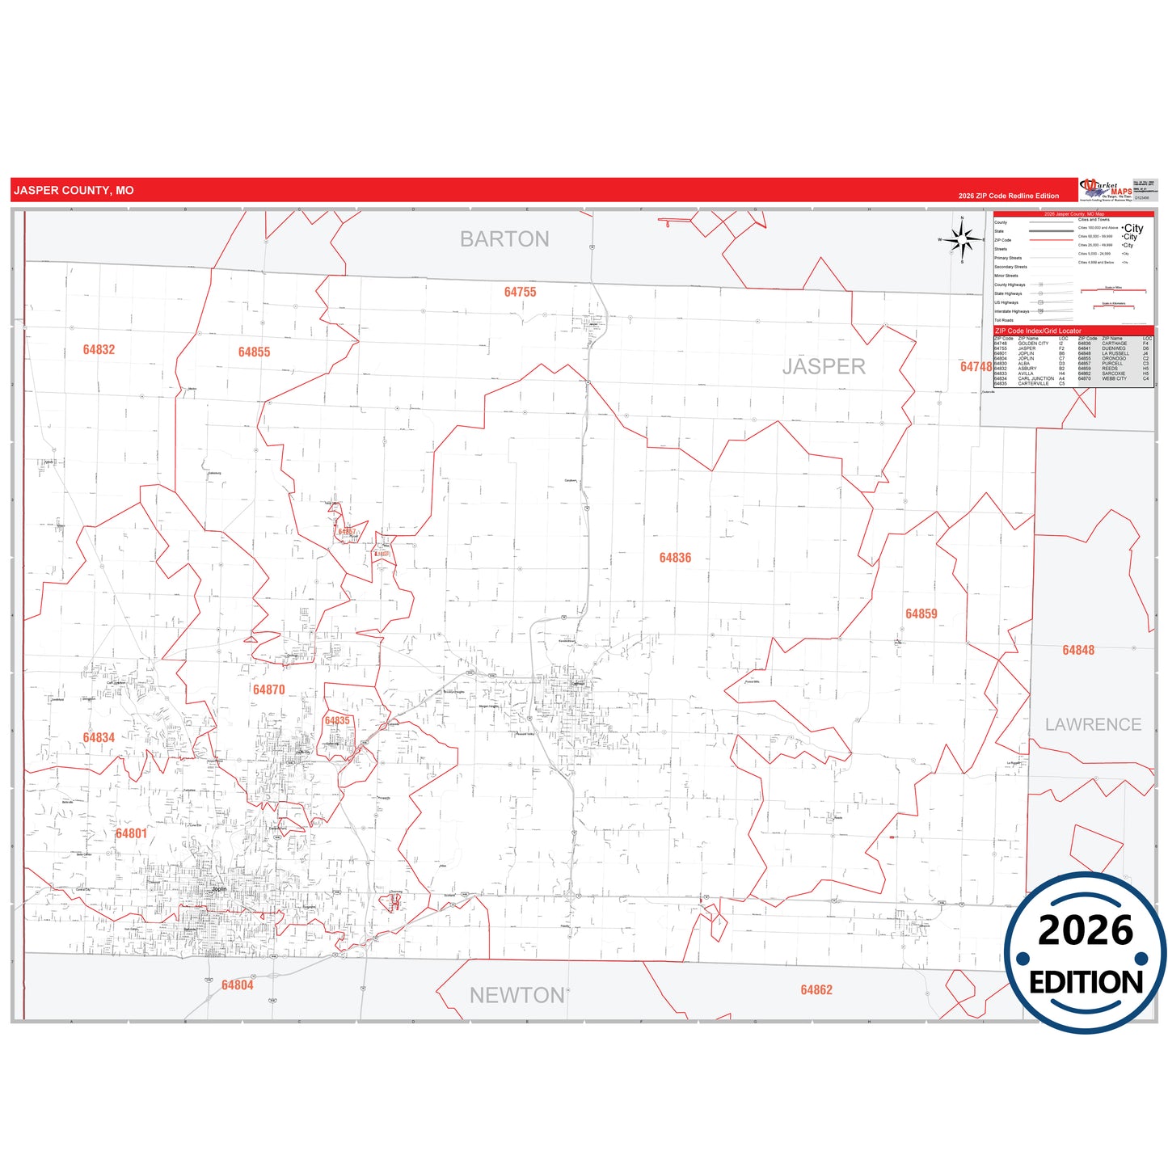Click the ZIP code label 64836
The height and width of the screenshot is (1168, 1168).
675,558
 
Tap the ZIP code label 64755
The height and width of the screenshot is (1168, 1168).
520,292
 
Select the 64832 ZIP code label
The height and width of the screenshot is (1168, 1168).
99,349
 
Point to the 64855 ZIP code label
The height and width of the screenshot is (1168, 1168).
254,352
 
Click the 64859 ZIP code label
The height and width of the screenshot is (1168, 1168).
921,614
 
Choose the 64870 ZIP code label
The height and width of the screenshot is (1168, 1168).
268,689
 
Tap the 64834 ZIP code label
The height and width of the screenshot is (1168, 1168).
99,737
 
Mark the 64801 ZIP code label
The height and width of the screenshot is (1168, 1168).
131,833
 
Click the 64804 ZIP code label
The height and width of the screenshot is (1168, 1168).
237,985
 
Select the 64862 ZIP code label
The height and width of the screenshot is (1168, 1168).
816,989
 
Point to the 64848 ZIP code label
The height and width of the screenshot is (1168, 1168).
1078,650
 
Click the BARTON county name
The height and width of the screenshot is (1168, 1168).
504,239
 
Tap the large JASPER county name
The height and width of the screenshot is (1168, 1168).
823,366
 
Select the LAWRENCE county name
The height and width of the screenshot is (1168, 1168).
1093,724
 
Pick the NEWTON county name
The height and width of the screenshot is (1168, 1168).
517,995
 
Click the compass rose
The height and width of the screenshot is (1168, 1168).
962,239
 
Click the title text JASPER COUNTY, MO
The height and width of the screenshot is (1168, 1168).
74,191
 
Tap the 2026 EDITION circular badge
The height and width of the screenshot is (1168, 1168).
1086,953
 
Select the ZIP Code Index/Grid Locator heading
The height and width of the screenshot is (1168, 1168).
1038,331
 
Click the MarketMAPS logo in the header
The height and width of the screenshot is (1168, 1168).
1106,190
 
